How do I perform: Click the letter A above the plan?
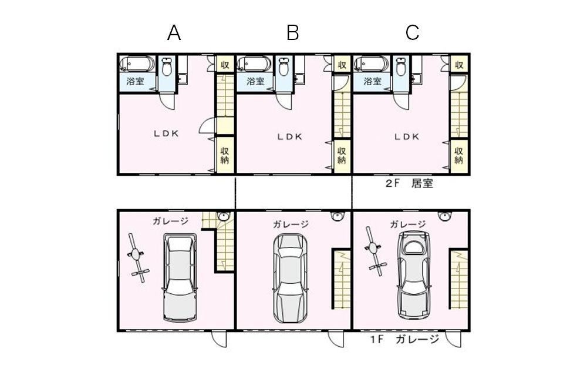pos(174,33)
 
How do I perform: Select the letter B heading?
pos(292,33)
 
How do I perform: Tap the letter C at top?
pos(412,33)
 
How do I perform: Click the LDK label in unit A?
pos(167,133)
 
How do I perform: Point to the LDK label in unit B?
pos(290,137)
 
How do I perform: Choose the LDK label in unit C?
pos(406,137)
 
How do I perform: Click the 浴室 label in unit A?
pos(136,82)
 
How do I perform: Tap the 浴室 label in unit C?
pos(372,82)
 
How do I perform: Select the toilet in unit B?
pos(285,66)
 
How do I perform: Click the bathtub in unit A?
pos(138,63)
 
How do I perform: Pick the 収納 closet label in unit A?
pos(224,155)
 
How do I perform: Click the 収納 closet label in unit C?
pos(460,155)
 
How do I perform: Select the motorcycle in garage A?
pos(137,256)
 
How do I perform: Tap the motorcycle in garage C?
pos(375,253)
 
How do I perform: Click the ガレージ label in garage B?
pos(291,224)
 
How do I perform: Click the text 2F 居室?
pos(409,184)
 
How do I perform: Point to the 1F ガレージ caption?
pos(404,340)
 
